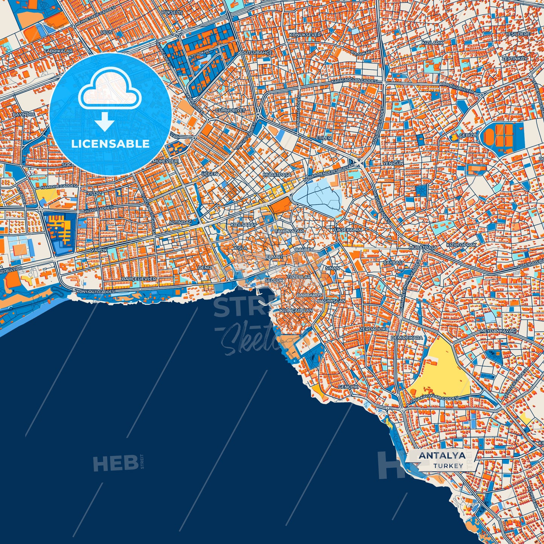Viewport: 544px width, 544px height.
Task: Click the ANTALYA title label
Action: [442, 456]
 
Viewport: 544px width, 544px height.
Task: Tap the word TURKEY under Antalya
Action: [448, 466]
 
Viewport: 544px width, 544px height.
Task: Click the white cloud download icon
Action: [109, 90]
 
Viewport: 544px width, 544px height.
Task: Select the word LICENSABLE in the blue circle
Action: [111, 144]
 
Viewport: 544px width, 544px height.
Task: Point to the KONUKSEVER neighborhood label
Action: [305, 35]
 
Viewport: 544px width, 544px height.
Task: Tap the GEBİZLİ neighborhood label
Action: [468, 135]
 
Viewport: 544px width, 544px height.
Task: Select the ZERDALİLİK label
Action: [373, 329]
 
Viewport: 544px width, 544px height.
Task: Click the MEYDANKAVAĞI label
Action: [498, 331]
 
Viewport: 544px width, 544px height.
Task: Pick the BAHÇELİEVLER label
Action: [139, 279]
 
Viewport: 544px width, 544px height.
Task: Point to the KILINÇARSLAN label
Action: [296, 311]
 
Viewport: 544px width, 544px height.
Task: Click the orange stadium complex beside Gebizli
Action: [499, 136]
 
